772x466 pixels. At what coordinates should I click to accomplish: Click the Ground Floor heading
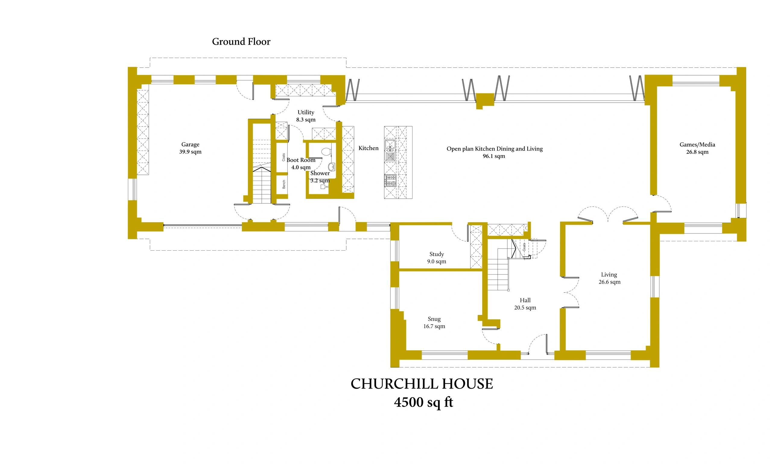241,41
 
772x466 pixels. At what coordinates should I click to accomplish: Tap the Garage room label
190,144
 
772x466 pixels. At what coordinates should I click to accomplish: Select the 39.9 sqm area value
190,152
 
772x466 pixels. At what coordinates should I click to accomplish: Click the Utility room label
306,112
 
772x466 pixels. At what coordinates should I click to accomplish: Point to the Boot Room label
301,160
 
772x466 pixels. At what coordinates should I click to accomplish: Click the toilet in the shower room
326,151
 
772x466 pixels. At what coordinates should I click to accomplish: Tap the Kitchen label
369,148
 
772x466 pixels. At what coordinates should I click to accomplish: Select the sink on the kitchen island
391,151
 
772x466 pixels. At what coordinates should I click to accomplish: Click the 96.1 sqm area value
494,156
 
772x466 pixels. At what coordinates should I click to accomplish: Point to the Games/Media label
697,145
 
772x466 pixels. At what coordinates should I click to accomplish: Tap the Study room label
436,254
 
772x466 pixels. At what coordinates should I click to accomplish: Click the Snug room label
434,319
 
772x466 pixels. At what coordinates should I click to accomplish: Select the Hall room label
525,300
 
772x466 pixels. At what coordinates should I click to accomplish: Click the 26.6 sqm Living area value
609,282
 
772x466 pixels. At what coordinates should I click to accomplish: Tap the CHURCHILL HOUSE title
422,384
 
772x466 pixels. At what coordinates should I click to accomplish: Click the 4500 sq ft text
424,402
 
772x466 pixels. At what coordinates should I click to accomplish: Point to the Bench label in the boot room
284,184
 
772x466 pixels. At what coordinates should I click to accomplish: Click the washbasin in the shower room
331,166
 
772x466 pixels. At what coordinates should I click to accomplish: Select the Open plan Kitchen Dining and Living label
494,149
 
